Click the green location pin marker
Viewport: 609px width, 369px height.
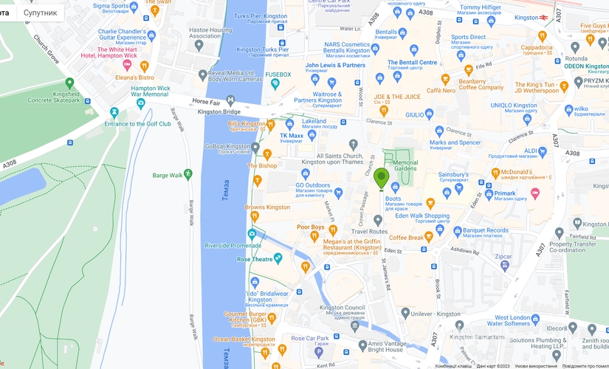click(381, 179)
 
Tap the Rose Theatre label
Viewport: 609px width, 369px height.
click(255, 259)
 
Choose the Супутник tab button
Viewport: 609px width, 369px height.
click(41, 13)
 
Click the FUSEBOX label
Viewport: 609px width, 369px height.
click(278, 75)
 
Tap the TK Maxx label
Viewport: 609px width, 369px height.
click(292, 136)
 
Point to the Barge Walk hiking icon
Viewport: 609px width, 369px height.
click(188, 173)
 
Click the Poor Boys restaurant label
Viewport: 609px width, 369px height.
click(311, 227)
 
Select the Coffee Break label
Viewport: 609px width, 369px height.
click(406, 237)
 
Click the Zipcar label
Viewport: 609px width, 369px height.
click(503, 258)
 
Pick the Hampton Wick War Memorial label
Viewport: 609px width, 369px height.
click(150, 91)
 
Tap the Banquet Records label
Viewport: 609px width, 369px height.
click(486, 230)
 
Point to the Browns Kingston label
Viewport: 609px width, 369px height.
click(267, 207)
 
